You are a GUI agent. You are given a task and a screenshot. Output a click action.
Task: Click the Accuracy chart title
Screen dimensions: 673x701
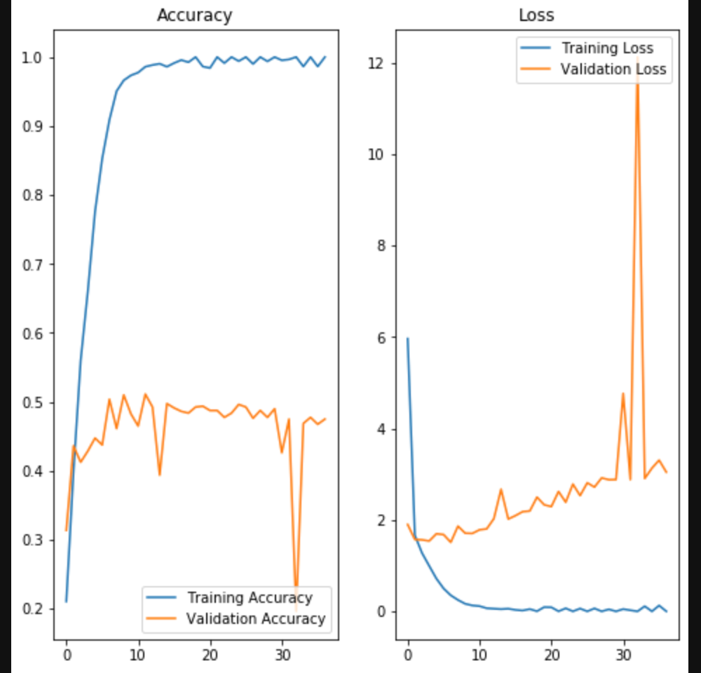pos(194,15)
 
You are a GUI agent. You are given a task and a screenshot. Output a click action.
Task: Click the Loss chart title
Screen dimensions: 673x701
pos(536,15)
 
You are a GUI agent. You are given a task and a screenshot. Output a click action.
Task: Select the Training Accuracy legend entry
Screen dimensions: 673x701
pos(249,598)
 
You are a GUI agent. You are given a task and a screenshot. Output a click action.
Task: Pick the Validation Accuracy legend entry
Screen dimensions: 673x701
pos(255,618)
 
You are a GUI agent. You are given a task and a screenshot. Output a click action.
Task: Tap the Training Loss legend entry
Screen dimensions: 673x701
pos(607,48)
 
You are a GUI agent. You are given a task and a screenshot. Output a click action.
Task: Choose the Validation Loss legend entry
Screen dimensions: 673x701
pos(613,69)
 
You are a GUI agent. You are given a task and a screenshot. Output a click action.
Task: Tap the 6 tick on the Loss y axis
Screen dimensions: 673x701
pos(381,338)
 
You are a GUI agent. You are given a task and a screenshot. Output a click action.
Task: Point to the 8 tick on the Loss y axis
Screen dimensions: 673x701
pos(381,246)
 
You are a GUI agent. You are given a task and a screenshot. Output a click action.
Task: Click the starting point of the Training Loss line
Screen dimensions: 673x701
pos(407,339)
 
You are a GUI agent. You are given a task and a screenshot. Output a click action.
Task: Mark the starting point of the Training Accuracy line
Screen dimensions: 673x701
pos(66,601)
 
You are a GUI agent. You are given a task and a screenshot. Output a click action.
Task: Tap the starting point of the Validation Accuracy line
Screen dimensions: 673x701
pos(66,530)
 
